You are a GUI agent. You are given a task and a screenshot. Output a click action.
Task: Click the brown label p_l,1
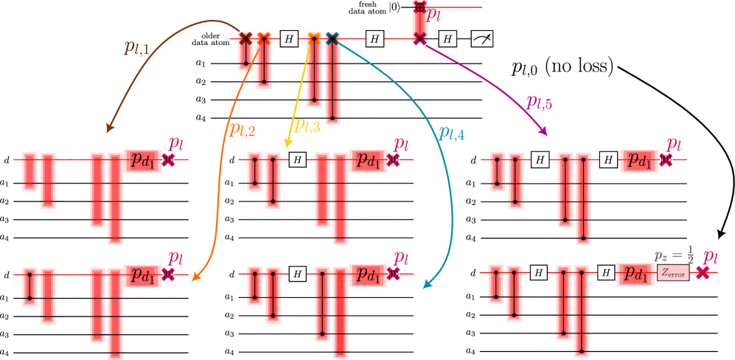(x=136, y=49)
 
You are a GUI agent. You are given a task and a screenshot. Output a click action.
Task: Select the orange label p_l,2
(x=242, y=129)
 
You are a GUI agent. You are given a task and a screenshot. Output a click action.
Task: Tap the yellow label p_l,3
(x=307, y=125)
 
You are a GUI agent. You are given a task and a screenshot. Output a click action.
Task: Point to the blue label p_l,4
(x=451, y=133)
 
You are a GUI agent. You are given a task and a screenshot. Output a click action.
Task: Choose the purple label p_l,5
(x=539, y=102)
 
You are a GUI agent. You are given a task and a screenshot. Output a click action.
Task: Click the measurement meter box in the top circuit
(x=481, y=39)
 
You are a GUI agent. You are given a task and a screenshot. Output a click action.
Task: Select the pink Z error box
(x=673, y=273)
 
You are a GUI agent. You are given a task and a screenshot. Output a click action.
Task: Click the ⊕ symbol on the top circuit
(x=419, y=7)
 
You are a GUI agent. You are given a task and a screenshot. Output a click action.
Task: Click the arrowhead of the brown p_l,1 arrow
(x=110, y=130)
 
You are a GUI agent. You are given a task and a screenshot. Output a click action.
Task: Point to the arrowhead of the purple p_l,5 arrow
(x=545, y=132)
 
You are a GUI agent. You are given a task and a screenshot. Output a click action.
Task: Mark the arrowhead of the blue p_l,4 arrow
(x=425, y=285)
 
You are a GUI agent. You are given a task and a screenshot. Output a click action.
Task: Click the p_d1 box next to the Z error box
(x=635, y=273)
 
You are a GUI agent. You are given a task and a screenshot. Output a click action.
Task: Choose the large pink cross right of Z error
(x=703, y=273)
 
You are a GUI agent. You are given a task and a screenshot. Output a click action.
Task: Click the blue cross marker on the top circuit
(x=332, y=38)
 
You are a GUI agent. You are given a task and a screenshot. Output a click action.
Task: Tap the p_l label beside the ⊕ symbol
(x=435, y=15)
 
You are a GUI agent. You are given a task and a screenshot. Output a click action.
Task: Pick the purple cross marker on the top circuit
(x=419, y=40)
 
